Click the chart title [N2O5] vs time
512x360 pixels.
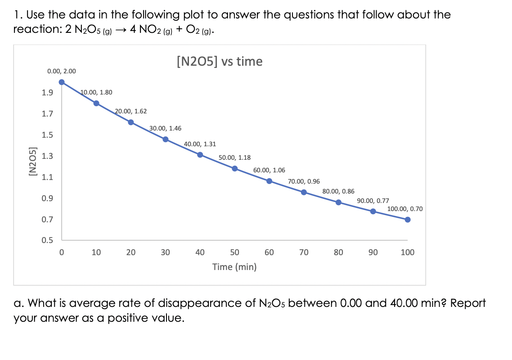click(220, 61)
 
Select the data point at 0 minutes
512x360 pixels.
click(62, 82)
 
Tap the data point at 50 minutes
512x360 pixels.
click(234, 168)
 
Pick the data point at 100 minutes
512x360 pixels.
click(408, 220)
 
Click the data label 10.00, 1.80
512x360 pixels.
click(96, 92)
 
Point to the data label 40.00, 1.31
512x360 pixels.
click(200, 144)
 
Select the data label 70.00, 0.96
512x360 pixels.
click(304, 181)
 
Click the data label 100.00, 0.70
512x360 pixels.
click(405, 209)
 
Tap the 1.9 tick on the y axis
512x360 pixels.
click(47, 93)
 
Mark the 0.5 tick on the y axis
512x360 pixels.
click(47, 240)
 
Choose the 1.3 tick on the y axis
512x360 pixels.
click(47, 156)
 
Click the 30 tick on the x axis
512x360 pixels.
click(165, 252)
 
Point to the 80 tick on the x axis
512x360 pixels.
click(338, 252)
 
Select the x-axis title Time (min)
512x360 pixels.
click(234, 267)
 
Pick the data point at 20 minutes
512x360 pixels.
click(131, 122)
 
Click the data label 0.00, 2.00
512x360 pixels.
click(62, 71)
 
